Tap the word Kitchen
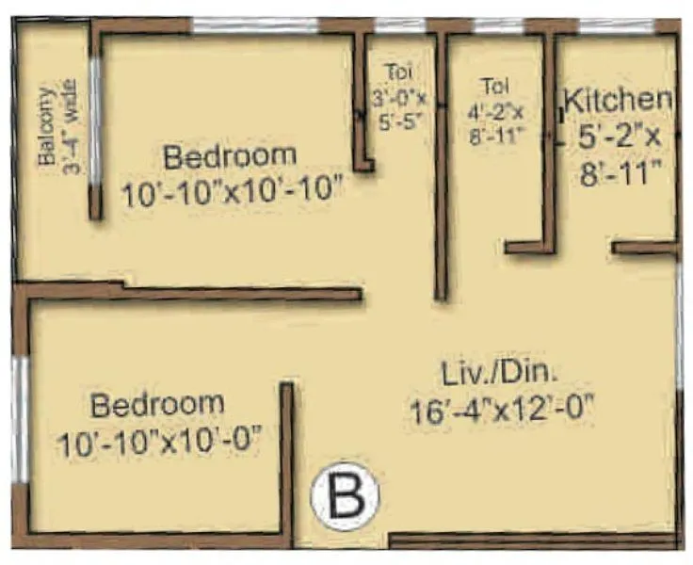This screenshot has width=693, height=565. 618,99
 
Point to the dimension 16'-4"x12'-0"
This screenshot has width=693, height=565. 506,411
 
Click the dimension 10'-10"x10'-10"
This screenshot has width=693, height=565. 230,195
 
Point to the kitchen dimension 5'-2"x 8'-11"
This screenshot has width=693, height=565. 620,156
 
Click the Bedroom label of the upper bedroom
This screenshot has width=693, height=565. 230,155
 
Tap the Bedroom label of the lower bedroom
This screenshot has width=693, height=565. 158,405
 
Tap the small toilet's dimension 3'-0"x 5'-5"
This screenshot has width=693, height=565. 398,108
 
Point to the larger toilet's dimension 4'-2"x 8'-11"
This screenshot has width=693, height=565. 490,122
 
